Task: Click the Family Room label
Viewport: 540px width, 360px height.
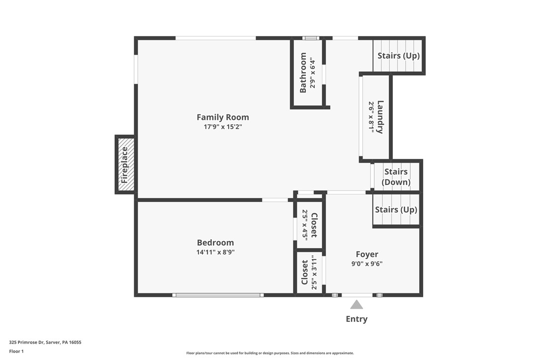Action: pos(223,117)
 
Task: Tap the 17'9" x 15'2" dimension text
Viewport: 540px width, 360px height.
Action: pos(223,127)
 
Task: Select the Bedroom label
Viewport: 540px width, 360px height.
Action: pos(215,243)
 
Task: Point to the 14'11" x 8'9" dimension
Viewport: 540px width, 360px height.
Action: pos(215,252)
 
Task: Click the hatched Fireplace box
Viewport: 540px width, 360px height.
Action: pos(125,165)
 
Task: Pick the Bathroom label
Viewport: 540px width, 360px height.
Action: pos(303,73)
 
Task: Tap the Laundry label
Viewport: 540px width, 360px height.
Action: pos(380,117)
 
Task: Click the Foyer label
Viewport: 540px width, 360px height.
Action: pos(367,255)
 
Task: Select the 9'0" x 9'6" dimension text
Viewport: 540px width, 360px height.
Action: pos(367,264)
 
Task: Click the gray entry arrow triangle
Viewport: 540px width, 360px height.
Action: pos(357,305)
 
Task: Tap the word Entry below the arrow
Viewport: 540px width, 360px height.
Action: pos(357,319)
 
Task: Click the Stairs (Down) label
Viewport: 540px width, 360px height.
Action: pos(396,177)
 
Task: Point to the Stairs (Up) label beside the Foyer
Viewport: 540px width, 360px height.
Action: pos(396,210)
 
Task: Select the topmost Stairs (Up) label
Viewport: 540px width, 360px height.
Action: pos(398,56)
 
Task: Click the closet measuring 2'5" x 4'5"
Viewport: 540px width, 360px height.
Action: pos(309,224)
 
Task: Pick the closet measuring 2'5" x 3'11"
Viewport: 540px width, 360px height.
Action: pos(309,272)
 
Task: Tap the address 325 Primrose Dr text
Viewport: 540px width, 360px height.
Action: pos(45,342)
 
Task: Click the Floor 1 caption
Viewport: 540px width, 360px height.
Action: pos(16,351)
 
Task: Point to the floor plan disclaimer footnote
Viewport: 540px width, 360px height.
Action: pos(270,353)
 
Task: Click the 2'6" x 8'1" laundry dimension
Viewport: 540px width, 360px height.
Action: pos(371,117)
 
